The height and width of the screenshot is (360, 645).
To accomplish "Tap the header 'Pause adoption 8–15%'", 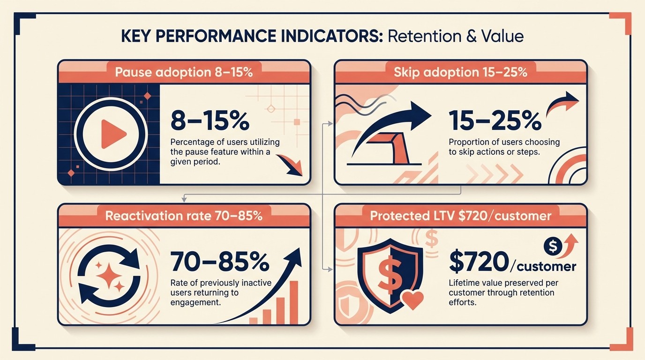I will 184,73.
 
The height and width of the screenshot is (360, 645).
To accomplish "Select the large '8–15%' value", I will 210,121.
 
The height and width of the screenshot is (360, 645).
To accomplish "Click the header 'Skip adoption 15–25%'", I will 460,73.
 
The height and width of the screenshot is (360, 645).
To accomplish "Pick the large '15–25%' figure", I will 495,121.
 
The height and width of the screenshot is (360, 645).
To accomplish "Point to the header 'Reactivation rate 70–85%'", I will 184,216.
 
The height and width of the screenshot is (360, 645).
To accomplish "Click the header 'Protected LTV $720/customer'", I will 460,216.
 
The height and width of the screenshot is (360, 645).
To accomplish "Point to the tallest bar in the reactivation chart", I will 294,302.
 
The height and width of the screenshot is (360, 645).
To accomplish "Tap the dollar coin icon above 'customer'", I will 552,245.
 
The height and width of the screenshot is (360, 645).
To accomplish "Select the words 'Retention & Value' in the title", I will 455,36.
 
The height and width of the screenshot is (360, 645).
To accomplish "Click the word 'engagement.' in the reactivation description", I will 195,303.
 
